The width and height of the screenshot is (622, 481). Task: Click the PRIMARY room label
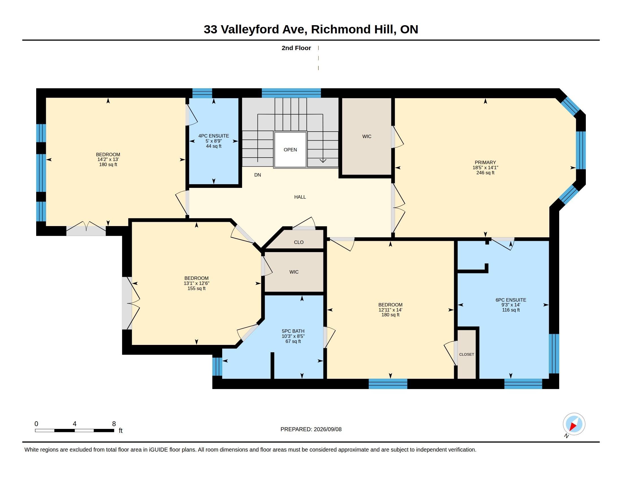pyautogui.click(x=485, y=162)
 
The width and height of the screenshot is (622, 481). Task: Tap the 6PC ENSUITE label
pyautogui.click(x=511, y=300)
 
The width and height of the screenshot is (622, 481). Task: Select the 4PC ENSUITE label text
pyautogui.click(x=213, y=136)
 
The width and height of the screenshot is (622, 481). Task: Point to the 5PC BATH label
pyautogui.click(x=293, y=331)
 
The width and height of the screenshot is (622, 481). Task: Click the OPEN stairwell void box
pyautogui.click(x=290, y=150)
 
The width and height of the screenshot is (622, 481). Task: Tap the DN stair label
pyautogui.click(x=258, y=175)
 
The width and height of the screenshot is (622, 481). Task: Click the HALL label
pyautogui.click(x=300, y=197)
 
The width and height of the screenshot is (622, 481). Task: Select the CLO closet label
pyautogui.click(x=299, y=242)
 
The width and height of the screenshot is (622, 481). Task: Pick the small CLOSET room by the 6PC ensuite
pyautogui.click(x=466, y=355)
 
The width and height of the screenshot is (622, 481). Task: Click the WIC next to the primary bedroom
pyautogui.click(x=366, y=136)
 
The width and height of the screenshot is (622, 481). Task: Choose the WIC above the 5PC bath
pyautogui.click(x=294, y=272)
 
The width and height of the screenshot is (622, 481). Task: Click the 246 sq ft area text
pyautogui.click(x=485, y=173)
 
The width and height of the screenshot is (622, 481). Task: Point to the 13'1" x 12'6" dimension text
pyautogui.click(x=196, y=283)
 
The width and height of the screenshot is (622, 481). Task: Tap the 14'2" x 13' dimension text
pyautogui.click(x=108, y=160)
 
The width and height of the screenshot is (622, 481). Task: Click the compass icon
pyautogui.click(x=574, y=424)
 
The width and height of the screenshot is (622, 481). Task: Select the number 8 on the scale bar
pyautogui.click(x=114, y=424)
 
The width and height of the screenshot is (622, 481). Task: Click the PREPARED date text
pyautogui.click(x=311, y=429)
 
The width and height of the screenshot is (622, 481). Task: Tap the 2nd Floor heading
pyautogui.click(x=296, y=48)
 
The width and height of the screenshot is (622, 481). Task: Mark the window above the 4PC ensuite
pyautogui.click(x=202, y=93)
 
